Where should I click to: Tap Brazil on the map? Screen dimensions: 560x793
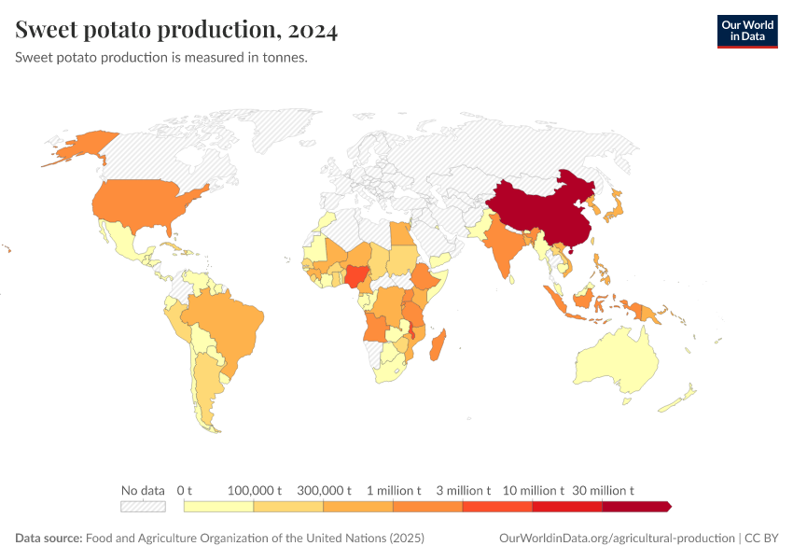click(229, 322)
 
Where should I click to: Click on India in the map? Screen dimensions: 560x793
click(504, 247)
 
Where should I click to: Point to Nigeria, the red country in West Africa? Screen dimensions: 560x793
click(356, 276)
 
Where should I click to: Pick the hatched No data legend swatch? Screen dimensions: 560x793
click(143, 507)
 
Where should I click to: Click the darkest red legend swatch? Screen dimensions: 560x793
click(636, 507)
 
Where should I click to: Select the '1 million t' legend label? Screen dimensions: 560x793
click(394, 490)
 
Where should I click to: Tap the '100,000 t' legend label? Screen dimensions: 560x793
click(255, 490)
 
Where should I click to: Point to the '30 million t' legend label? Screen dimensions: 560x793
click(604, 490)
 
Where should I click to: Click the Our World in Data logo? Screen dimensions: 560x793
click(746, 31)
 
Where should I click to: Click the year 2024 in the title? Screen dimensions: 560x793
click(313, 31)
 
